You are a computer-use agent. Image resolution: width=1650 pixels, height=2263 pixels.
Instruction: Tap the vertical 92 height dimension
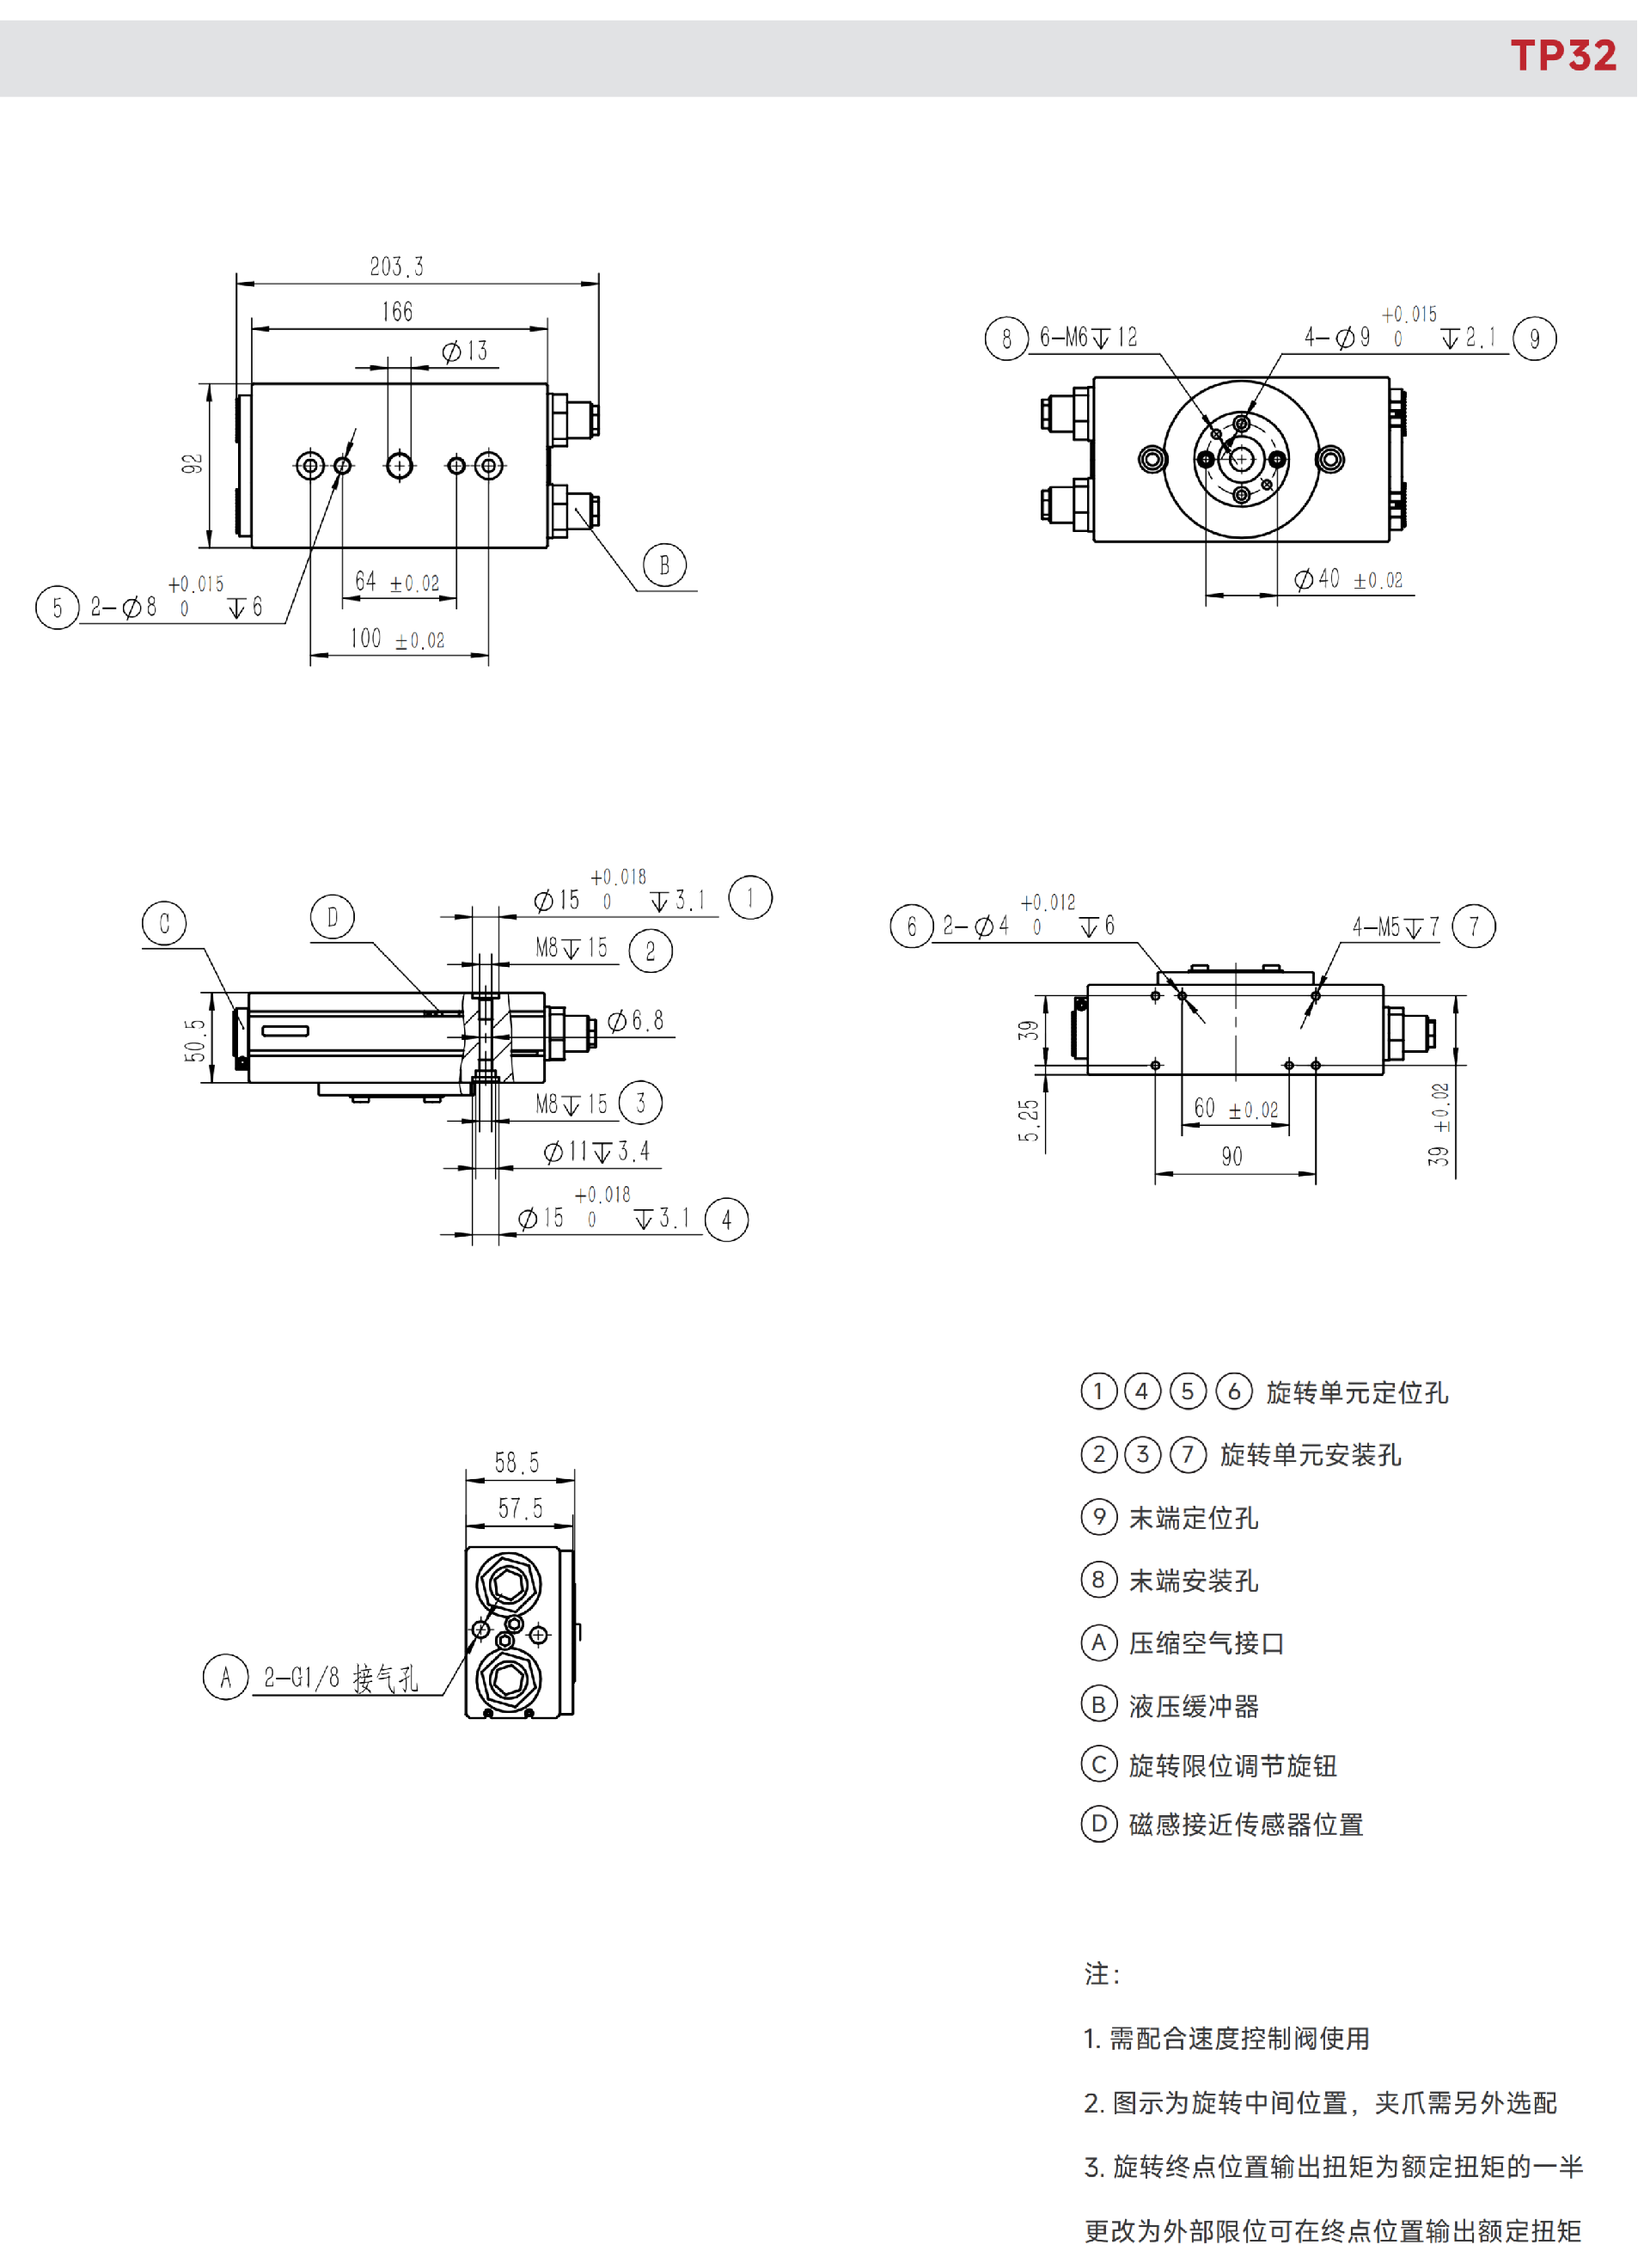tap(192, 463)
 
